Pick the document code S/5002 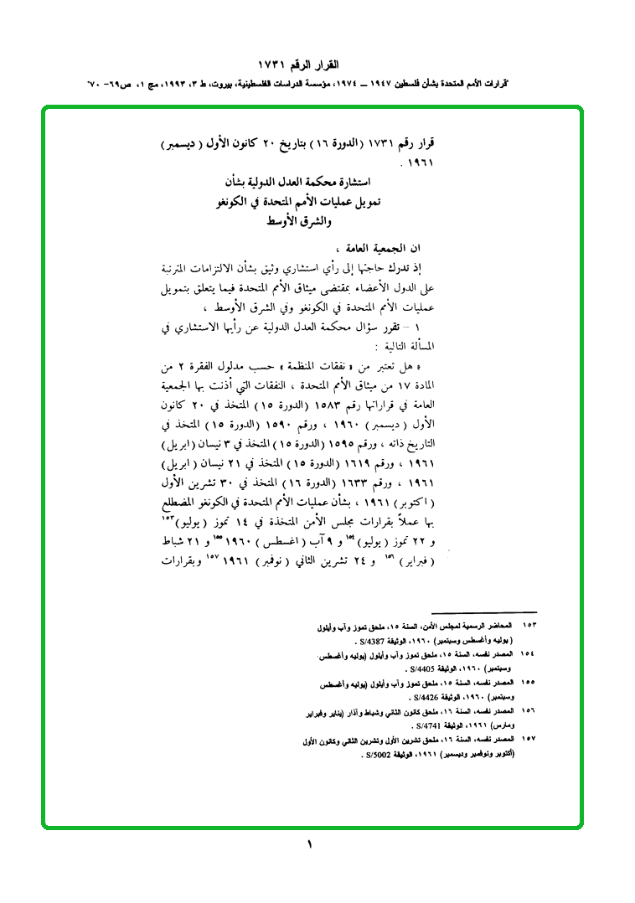click(350, 754)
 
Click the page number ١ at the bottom click(309, 844)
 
